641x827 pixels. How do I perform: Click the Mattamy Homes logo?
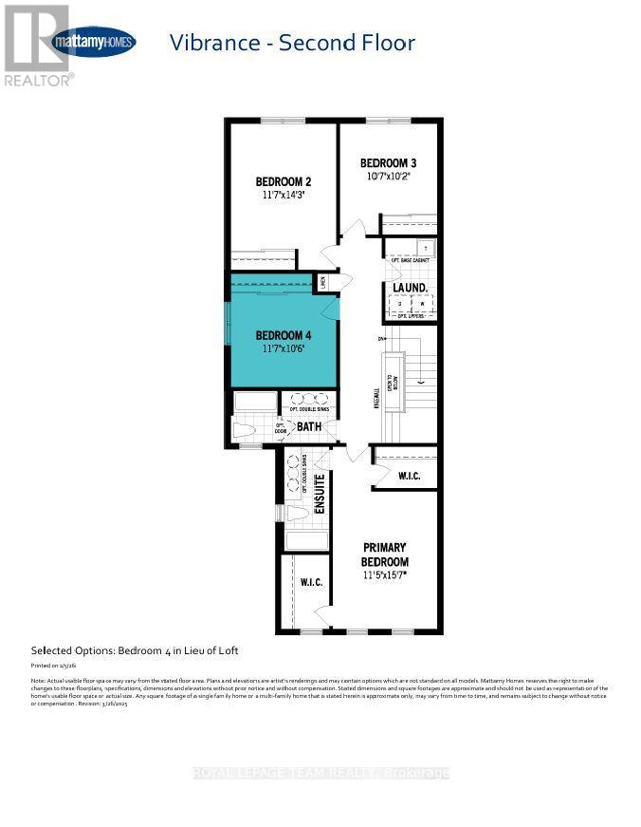click(x=93, y=42)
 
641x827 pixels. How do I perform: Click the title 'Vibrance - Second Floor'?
click(x=291, y=43)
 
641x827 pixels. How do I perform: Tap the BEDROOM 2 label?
click(x=284, y=181)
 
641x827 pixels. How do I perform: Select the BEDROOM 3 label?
click(x=389, y=162)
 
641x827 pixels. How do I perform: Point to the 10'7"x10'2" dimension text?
click(x=389, y=176)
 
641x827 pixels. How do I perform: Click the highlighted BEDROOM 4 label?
click(x=284, y=335)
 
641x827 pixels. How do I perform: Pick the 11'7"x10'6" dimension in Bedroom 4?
click(x=284, y=348)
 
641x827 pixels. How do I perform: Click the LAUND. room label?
click(x=411, y=288)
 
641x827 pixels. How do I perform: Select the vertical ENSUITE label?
click(x=320, y=494)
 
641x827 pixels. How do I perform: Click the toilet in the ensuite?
click(x=297, y=513)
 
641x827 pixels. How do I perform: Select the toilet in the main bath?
click(x=245, y=430)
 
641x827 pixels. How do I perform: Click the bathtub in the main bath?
click(x=254, y=402)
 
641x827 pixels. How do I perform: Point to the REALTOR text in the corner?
click(x=38, y=81)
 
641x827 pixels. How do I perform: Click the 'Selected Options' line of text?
click(x=135, y=650)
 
